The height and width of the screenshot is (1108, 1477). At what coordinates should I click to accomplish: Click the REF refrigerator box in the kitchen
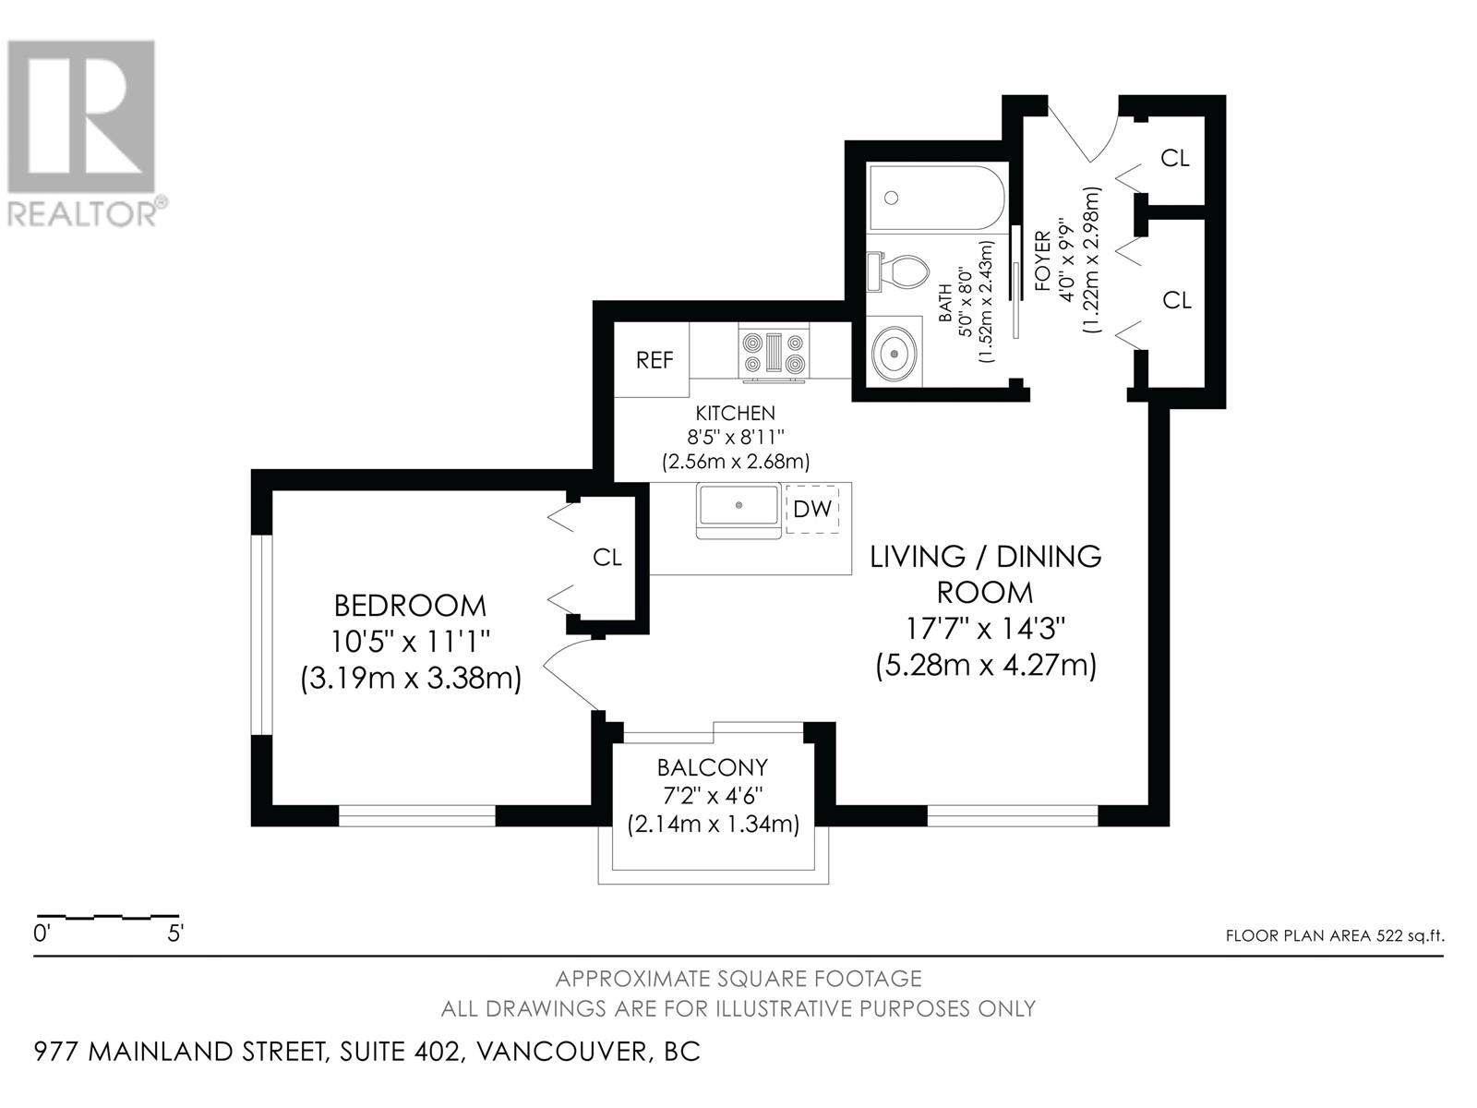[654, 359]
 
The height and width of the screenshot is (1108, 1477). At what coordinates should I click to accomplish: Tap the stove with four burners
[775, 355]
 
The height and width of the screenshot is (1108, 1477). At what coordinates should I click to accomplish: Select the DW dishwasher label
[812, 509]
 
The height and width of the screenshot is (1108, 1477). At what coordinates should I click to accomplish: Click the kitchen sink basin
[738, 507]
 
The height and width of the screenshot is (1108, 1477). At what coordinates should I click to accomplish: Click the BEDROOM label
[410, 606]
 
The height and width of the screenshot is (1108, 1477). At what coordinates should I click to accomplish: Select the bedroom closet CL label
[606, 558]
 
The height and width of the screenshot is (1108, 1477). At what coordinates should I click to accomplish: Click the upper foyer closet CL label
[1175, 159]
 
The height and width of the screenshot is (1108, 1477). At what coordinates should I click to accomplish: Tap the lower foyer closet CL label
[1177, 300]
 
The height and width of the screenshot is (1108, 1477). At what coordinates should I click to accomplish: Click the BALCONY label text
[713, 767]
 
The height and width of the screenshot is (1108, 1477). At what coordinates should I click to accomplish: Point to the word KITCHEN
[735, 413]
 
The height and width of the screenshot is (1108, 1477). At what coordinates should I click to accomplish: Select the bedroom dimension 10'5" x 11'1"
[410, 642]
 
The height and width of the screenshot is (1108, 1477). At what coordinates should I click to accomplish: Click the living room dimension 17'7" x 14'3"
[985, 629]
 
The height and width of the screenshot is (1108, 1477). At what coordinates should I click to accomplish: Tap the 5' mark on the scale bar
[175, 933]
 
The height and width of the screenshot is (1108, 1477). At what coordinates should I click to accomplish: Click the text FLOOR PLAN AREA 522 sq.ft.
[1334, 935]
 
